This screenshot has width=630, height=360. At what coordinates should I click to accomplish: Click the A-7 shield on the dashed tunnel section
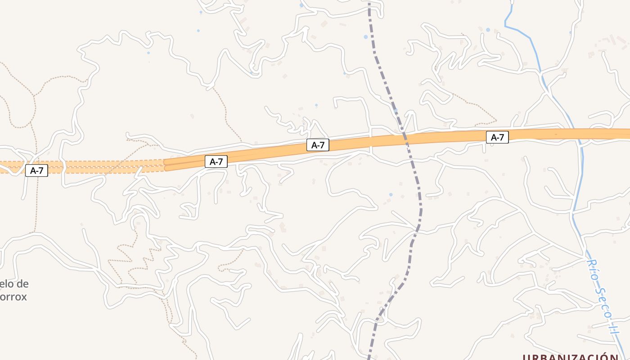36,171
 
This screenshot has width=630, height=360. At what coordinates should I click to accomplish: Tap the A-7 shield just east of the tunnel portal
216,162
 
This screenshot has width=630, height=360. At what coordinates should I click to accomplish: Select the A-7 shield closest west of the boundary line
318,145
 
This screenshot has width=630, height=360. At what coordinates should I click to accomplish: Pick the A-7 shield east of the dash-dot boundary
497,137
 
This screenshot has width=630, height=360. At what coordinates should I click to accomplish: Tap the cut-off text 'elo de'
14,284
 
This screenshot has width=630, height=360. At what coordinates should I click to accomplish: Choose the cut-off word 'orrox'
13,297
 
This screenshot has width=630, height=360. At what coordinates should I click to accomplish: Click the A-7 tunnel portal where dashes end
165,164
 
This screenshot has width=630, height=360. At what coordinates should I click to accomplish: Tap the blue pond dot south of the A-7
391,194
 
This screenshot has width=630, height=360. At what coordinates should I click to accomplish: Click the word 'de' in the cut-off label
22,284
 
